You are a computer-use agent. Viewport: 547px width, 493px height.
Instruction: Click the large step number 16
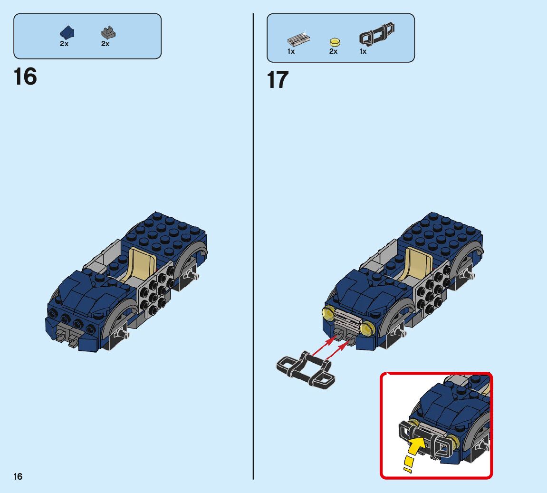click(25, 77)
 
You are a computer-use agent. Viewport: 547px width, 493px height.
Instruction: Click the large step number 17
click(278, 79)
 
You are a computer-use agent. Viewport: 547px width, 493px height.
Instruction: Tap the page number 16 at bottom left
click(18, 477)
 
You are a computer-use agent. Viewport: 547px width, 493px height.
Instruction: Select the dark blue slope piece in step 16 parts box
click(67, 32)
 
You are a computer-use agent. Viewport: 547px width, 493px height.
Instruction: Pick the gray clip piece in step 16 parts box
click(108, 33)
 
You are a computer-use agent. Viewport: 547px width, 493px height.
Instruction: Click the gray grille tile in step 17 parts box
click(298, 40)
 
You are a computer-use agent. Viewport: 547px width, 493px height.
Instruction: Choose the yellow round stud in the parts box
click(335, 42)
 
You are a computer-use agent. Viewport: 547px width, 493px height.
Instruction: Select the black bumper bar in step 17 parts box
click(377, 34)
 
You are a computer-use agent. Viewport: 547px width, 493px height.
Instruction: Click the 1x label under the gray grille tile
click(291, 52)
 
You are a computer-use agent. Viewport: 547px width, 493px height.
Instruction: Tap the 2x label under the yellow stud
click(334, 52)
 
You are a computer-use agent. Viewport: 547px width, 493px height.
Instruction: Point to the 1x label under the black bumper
click(363, 52)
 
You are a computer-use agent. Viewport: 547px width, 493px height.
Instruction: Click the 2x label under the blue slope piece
click(64, 44)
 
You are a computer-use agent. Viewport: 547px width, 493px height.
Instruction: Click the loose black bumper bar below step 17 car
click(306, 370)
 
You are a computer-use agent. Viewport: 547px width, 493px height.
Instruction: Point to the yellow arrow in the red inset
click(414, 453)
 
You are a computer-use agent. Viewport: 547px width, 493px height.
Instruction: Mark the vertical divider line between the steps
click(253, 246)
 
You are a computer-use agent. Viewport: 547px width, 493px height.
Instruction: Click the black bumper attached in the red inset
click(426, 440)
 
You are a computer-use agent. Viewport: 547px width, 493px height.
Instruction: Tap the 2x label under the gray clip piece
click(106, 44)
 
